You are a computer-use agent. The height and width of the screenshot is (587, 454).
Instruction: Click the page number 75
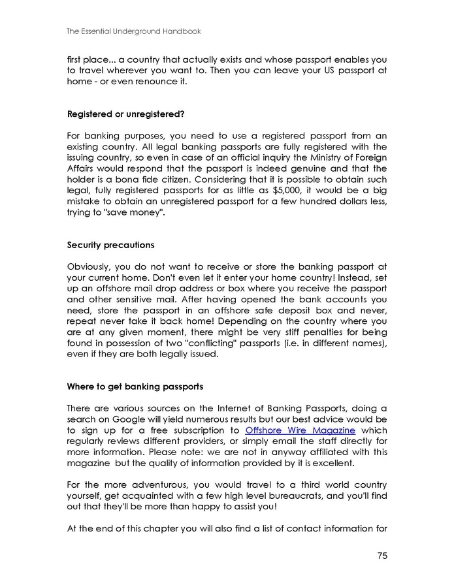tap(382, 556)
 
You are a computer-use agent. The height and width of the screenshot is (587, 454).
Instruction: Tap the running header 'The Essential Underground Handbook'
tap(134, 31)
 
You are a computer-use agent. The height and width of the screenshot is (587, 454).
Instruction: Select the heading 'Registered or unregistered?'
tap(126, 114)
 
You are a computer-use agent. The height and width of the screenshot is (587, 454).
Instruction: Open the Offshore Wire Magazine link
tap(300, 431)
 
